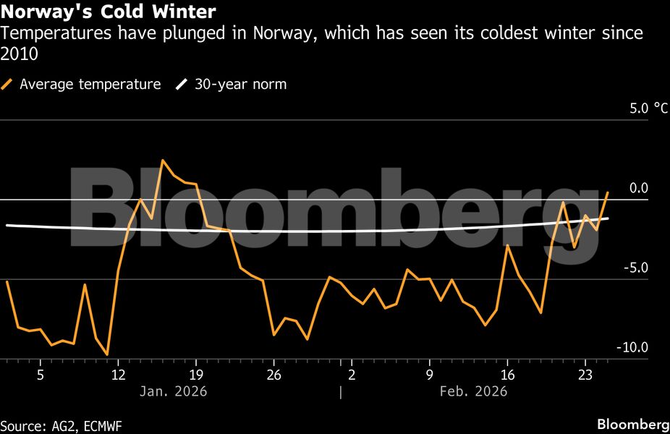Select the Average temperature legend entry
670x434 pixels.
tap(90, 85)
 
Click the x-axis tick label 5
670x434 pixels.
tap(41, 375)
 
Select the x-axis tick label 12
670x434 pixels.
tap(118, 375)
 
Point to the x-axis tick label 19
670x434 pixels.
tap(196, 375)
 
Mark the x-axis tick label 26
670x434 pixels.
tap(273, 375)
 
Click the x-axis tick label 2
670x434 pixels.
tap(352, 375)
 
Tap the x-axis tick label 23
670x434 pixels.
tap(585, 375)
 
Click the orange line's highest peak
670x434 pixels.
tap(163, 160)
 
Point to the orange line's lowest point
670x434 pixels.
tap(107, 354)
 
